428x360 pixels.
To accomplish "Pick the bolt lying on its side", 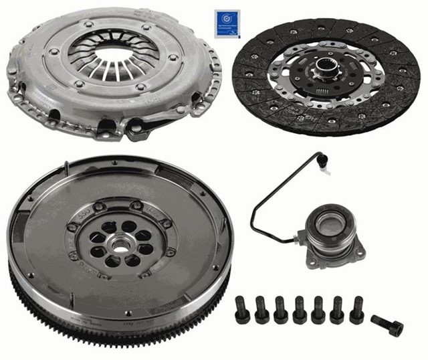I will pyautogui.click(x=388, y=326).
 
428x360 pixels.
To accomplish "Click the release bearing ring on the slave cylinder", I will pyautogui.click(x=332, y=225).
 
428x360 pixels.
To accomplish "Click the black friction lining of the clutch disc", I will pyautogui.click(x=388, y=100).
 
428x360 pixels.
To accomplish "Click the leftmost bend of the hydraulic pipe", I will pyautogui.click(x=254, y=217).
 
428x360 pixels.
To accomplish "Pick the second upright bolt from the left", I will pyautogui.click(x=261, y=310).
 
